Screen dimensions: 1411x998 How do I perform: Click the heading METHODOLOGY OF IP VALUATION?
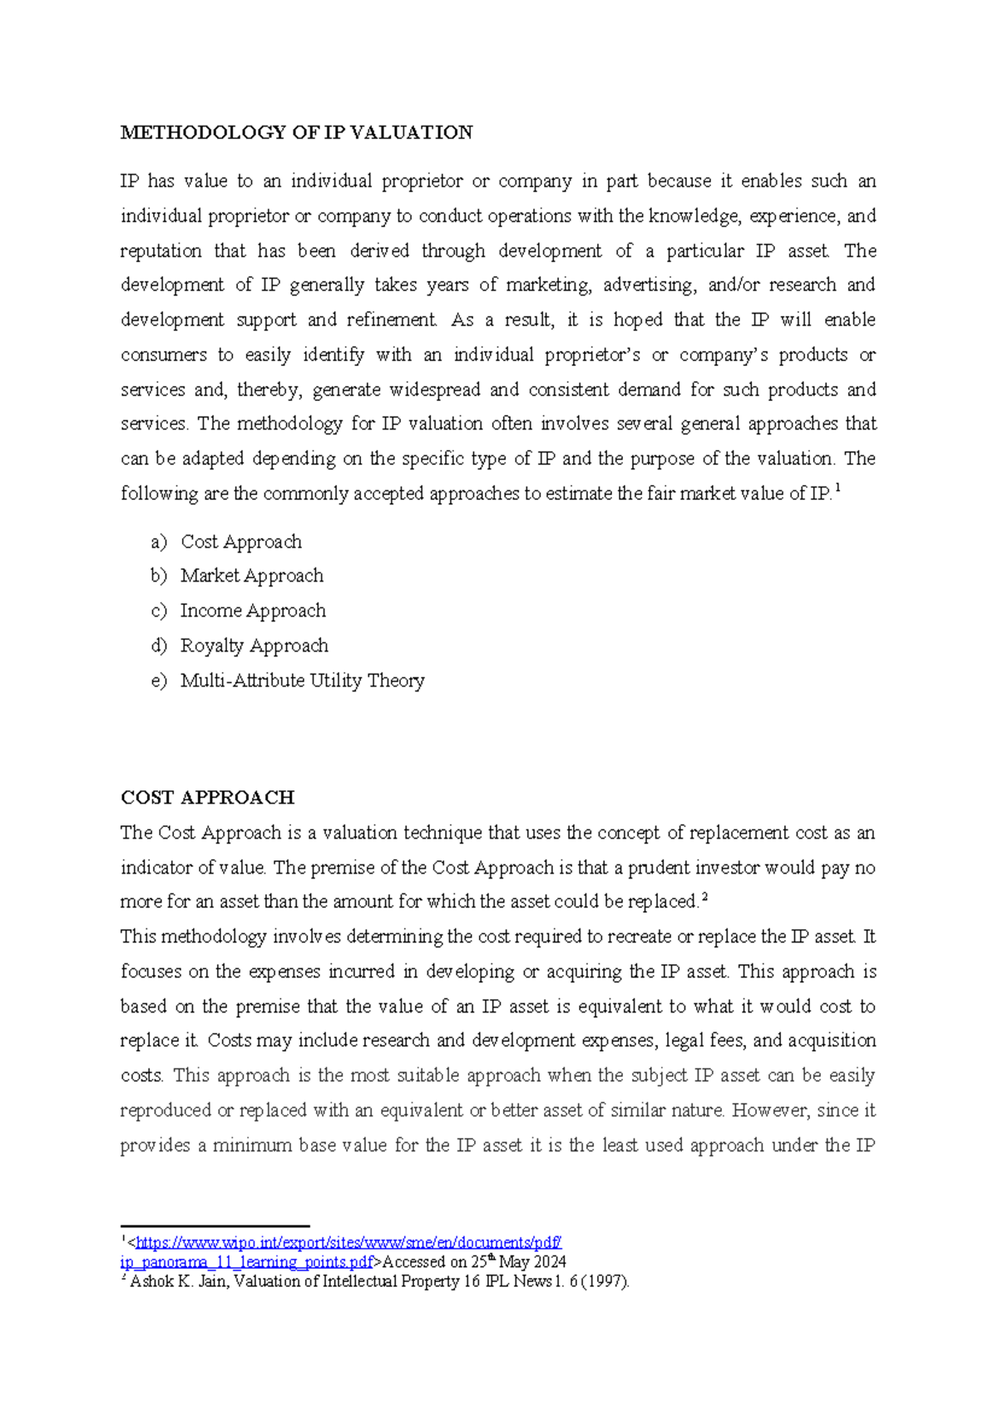[x=296, y=132]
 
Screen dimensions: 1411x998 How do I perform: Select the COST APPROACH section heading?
[x=207, y=797]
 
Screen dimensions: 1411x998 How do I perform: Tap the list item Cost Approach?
[x=241, y=542]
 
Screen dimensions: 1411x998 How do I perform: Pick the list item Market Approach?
[x=252, y=576]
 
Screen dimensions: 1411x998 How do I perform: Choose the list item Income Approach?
[x=253, y=611]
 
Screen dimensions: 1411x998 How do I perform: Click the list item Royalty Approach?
[x=254, y=646]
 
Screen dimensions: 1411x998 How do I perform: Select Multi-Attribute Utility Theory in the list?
[x=302, y=681]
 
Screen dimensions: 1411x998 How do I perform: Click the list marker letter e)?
[x=159, y=681]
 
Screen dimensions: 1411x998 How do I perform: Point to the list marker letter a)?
[x=159, y=542]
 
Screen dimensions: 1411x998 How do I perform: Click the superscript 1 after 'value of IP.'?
[x=837, y=489]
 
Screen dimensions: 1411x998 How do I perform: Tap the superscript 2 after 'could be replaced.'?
[x=704, y=897]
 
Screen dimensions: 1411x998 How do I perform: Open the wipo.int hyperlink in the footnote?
[x=348, y=1243]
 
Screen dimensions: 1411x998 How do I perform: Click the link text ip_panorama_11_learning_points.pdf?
[x=247, y=1262]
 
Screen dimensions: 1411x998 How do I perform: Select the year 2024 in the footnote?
[x=550, y=1262]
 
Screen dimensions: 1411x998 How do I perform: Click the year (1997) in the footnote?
[x=606, y=1282]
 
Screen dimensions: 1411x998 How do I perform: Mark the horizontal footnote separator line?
[x=215, y=1225]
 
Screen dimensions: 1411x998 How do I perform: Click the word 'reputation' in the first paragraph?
[x=161, y=250]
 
